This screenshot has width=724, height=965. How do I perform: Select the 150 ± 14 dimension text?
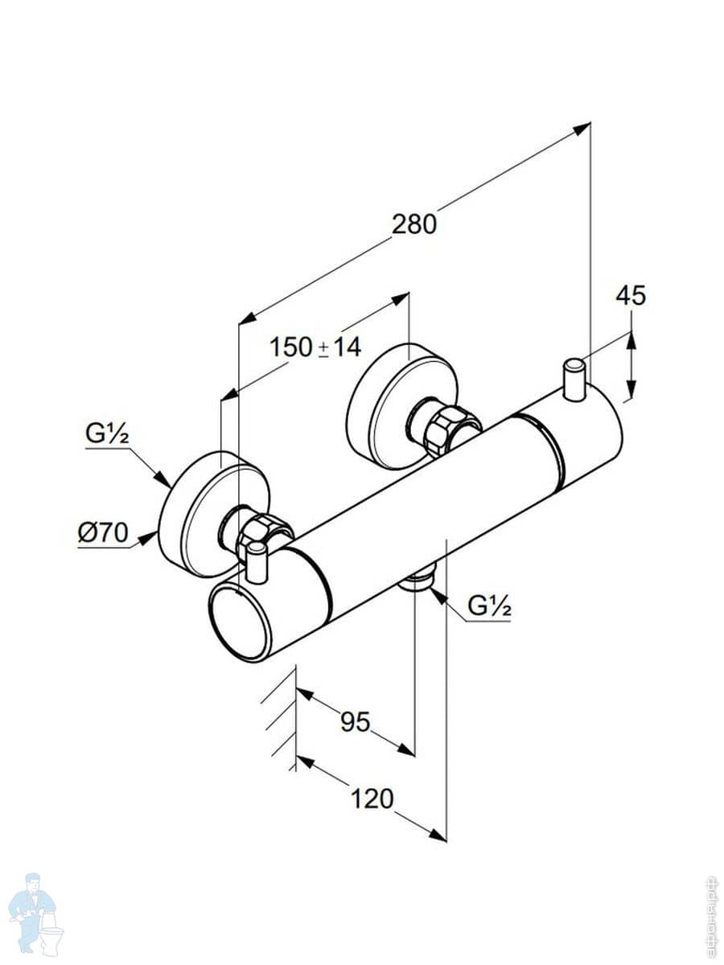(x=315, y=347)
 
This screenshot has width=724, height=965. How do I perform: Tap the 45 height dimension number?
(x=631, y=296)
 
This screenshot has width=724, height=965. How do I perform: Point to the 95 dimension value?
(x=355, y=722)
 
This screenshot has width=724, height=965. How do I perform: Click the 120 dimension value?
(x=372, y=799)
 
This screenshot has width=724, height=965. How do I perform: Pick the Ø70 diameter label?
(x=103, y=533)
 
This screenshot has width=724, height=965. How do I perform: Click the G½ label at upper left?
(x=108, y=434)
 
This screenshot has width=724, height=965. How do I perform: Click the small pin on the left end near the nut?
(x=257, y=562)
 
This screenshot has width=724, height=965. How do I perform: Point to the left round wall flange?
(x=193, y=515)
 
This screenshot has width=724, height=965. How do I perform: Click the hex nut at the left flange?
(x=261, y=529)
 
